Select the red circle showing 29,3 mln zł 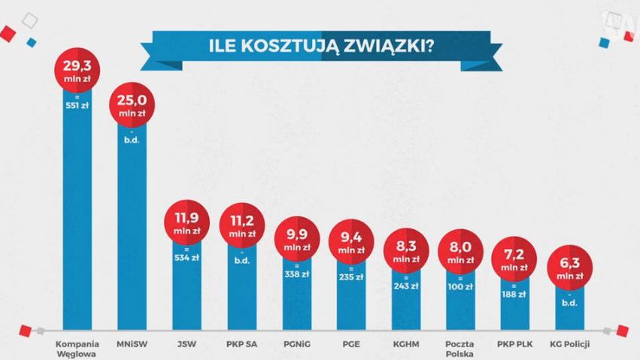(77, 72)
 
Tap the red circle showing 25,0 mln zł (132, 105)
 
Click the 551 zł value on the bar (77, 104)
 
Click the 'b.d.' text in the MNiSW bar (133, 138)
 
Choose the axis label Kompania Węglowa (77, 349)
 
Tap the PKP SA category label (242, 346)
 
